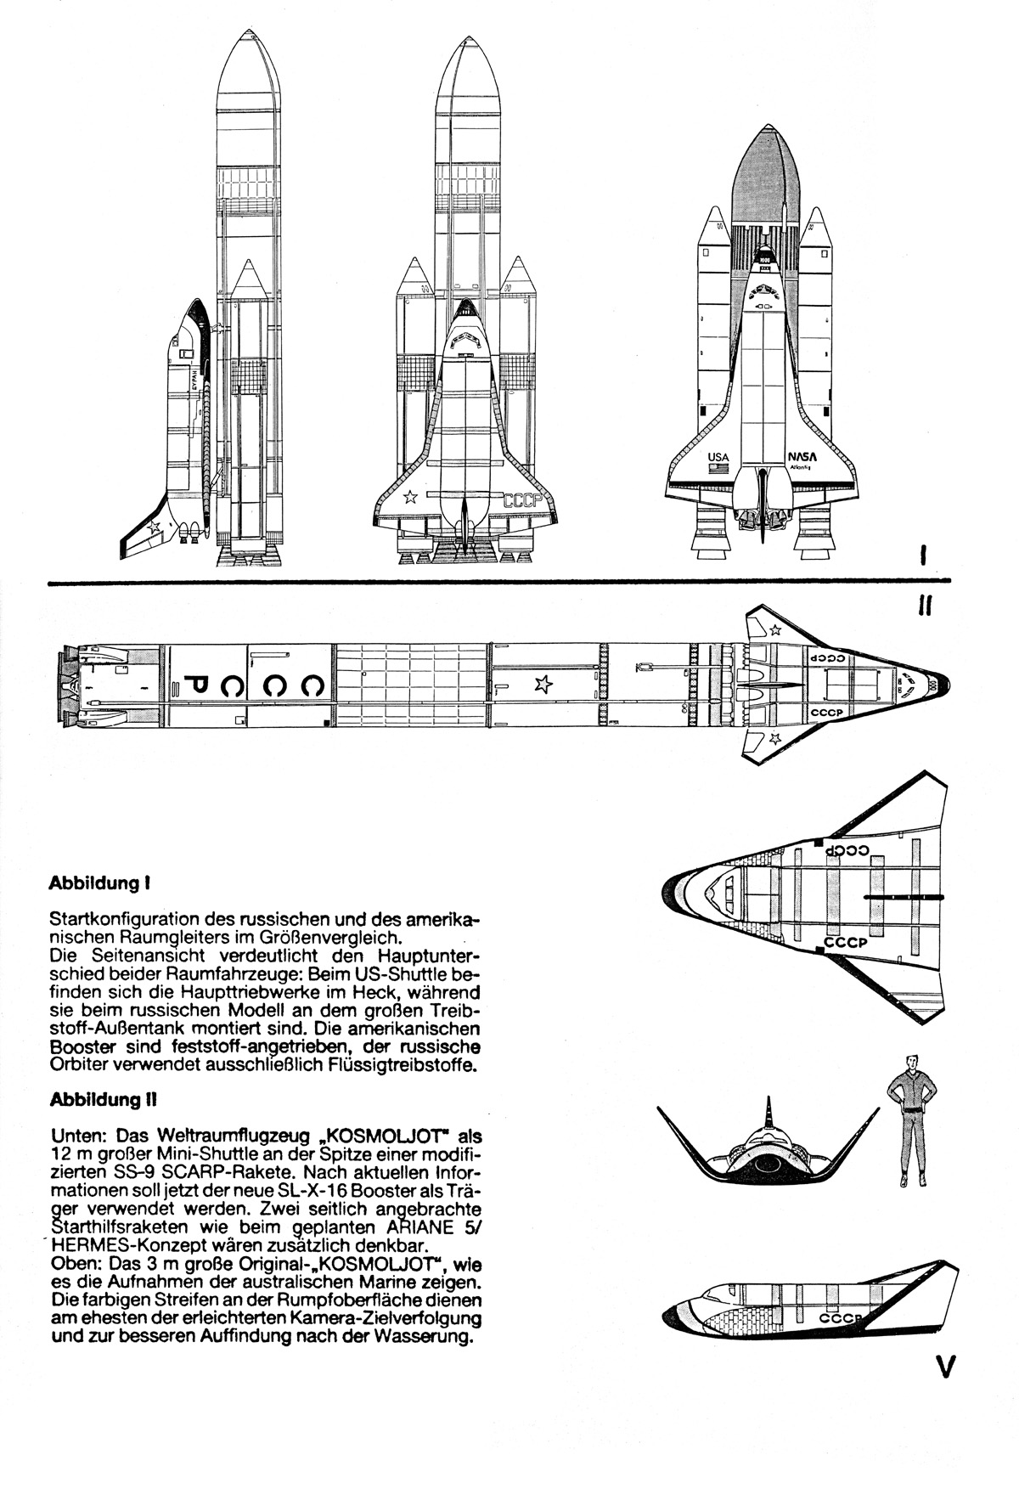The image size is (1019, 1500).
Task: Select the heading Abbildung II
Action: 103,1099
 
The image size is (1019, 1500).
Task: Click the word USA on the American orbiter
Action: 718,456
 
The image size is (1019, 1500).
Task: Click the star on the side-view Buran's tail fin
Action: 154,527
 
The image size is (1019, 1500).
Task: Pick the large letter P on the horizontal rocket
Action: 196,685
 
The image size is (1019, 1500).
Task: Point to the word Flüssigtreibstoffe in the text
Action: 403,1065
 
